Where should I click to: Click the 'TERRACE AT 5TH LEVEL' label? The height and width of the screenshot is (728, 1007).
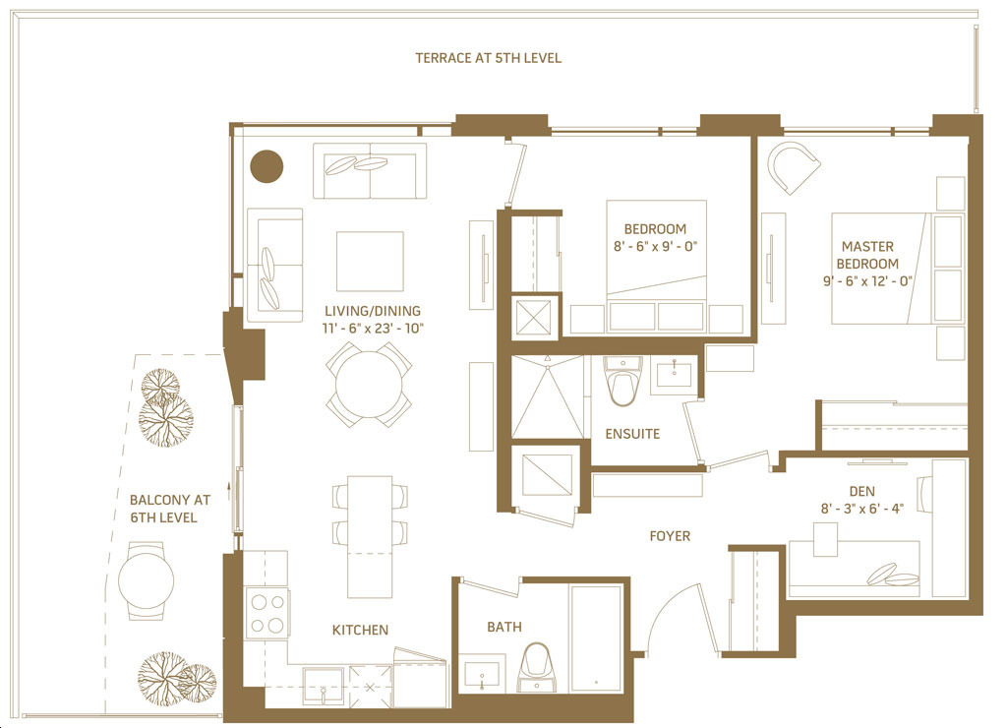click(x=488, y=58)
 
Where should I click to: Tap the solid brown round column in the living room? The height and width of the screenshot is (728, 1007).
click(x=266, y=166)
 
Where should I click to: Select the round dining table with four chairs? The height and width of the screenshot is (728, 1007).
click(x=369, y=385)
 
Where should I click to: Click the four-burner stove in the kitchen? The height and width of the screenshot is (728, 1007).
click(x=267, y=614)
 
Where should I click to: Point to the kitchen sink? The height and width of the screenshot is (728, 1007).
click(x=323, y=687)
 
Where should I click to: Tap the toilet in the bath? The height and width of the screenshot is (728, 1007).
click(x=536, y=668)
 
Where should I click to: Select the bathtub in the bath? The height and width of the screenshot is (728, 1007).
click(x=596, y=638)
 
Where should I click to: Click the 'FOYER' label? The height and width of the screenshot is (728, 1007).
click(x=669, y=536)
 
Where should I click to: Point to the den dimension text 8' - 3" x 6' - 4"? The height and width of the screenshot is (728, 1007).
click(x=861, y=509)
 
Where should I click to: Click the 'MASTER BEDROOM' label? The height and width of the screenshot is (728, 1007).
click(x=867, y=255)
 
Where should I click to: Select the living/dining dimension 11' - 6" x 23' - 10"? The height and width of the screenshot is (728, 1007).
click(x=373, y=329)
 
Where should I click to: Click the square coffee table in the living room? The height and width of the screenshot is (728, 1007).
click(x=370, y=262)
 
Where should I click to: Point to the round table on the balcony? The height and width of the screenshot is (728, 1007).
click(x=146, y=580)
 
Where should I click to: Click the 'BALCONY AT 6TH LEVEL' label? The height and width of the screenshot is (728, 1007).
click(x=169, y=509)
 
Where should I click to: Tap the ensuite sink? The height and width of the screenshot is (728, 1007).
click(x=674, y=375)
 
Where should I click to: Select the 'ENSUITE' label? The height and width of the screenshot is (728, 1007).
click(x=632, y=434)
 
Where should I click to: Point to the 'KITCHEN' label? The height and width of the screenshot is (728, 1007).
click(x=360, y=630)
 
